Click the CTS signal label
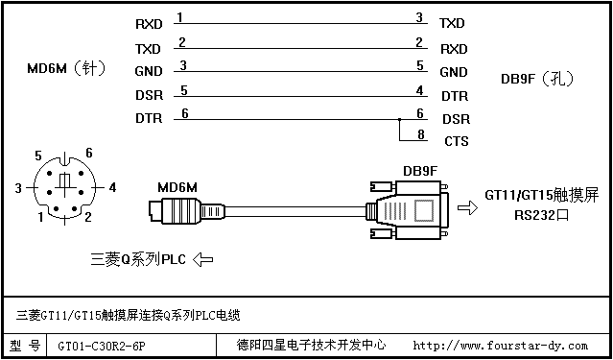click(457, 141)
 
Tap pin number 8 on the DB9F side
click(420, 134)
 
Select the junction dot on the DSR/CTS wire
click(399, 119)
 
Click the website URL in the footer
click(500, 346)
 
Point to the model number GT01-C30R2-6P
click(103, 346)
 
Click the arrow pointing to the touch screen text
click(467, 207)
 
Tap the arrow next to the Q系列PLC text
click(203, 259)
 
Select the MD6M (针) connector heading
click(66, 69)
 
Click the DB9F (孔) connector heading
click(537, 80)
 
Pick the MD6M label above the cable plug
click(177, 187)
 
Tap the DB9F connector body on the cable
click(409, 209)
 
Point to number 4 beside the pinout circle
click(112, 188)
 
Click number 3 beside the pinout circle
click(18, 188)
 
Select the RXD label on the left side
click(149, 24)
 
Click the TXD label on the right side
click(452, 23)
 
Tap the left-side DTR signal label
click(149, 119)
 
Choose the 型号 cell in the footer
click(25, 346)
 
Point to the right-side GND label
click(454, 72)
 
